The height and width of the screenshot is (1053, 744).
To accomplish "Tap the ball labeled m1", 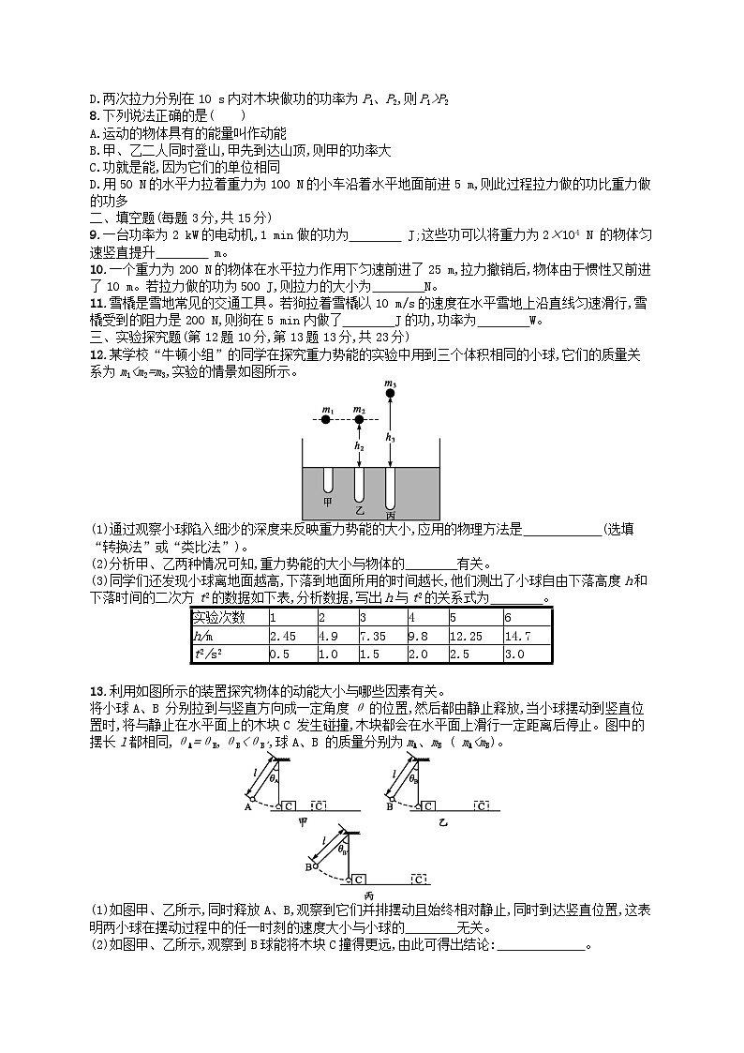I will click(x=325, y=420).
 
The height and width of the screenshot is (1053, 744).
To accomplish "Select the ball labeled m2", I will click(x=359, y=420).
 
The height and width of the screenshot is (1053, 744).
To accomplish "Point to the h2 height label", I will click(x=359, y=447).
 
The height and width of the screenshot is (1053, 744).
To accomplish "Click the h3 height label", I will click(x=391, y=437).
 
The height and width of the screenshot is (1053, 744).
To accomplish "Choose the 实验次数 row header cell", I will click(x=228, y=618).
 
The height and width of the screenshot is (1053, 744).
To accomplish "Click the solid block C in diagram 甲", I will click(x=289, y=805).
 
